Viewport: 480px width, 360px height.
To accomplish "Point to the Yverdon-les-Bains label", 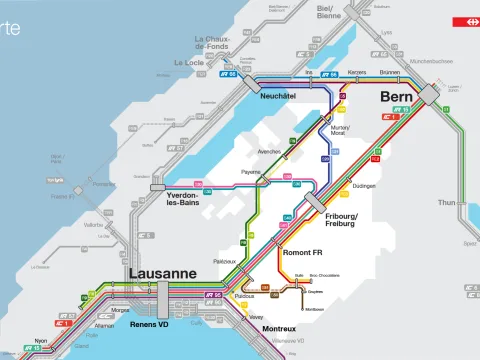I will coord(187,198).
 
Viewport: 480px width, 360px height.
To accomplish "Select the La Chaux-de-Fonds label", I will coord(213,43).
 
